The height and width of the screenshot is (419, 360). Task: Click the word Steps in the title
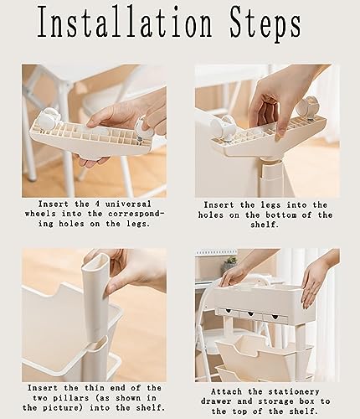[x=265, y=24]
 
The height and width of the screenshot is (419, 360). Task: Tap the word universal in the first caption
[x=128, y=204]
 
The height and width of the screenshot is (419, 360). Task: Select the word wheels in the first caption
[x=40, y=214]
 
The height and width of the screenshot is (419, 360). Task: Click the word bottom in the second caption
[x=281, y=215]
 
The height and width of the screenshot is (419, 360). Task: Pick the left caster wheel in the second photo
[x=223, y=128]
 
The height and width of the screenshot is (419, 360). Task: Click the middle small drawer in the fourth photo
[x=250, y=314]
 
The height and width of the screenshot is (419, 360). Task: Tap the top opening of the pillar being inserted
[x=95, y=260]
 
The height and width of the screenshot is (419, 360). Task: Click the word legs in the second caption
[x=270, y=205]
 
